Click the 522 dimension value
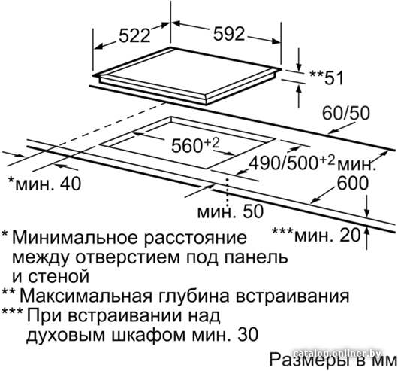135,35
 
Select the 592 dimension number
229,33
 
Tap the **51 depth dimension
327,77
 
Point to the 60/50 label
346,113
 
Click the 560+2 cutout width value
195,145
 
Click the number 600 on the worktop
353,183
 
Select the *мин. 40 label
44,183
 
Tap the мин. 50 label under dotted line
231,211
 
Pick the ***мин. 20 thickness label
316,234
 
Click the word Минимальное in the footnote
76,237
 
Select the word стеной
59,276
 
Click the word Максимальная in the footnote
86,296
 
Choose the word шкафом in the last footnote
149,335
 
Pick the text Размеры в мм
333,360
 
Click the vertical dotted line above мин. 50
228,191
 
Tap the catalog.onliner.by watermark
338,353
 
